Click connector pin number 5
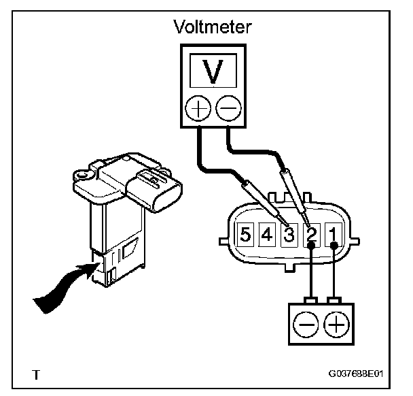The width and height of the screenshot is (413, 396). click(245, 235)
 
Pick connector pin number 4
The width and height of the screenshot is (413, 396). click(267, 235)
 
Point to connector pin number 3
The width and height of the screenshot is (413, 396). click(289, 235)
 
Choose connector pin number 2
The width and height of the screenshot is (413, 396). click(311, 235)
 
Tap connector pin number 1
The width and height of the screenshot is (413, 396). click(333, 235)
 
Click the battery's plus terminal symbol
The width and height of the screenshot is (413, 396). click(335, 325)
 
